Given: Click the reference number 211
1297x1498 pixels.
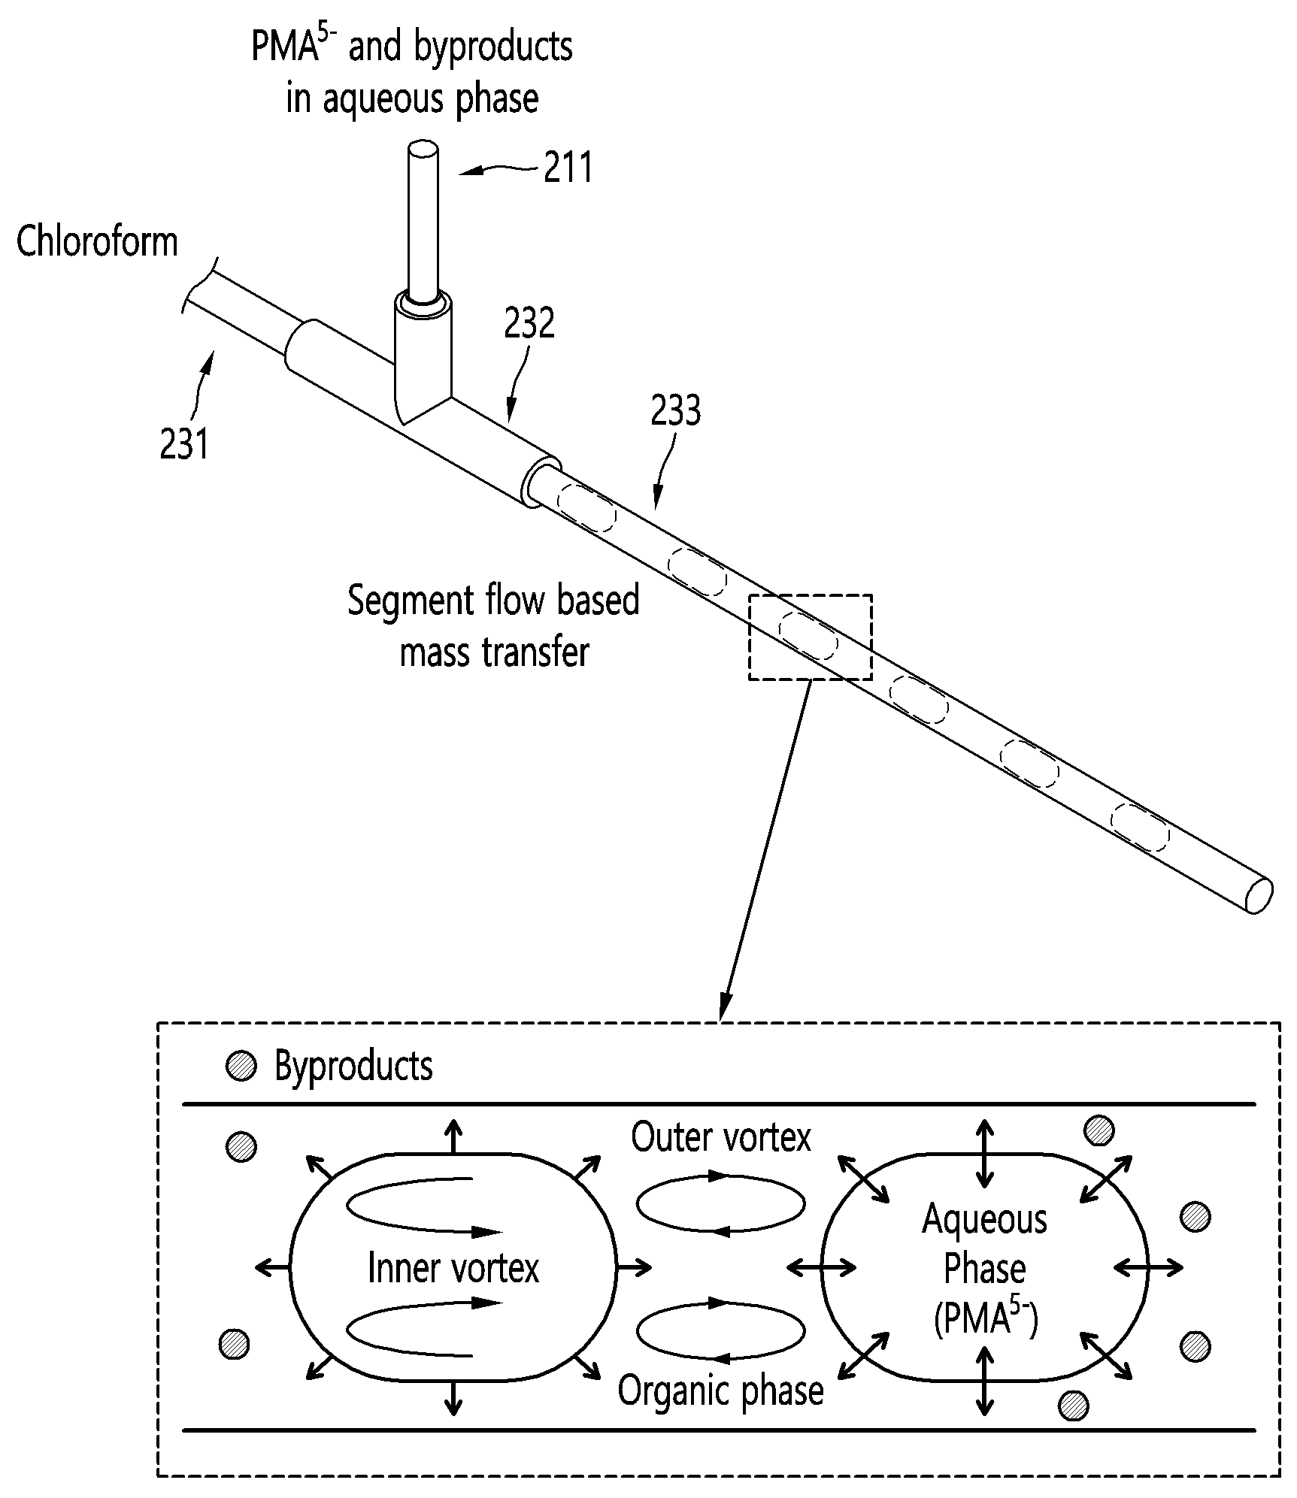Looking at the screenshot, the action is [x=568, y=167].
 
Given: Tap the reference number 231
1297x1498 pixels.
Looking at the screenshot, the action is [x=183, y=443].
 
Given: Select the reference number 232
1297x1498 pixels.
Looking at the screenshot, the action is [x=529, y=322].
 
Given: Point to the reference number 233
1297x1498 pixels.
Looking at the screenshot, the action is [x=675, y=410].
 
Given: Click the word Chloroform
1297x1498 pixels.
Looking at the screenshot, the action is [x=97, y=242].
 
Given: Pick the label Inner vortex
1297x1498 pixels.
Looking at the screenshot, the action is [x=453, y=1267].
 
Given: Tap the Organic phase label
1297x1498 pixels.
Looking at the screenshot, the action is [x=720, y=1390].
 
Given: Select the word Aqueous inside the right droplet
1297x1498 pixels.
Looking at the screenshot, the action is [x=984, y=1219].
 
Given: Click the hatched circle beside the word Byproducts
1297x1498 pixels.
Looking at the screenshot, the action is [x=241, y=1066].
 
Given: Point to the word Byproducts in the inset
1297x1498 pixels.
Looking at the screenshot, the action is [x=353, y=1066].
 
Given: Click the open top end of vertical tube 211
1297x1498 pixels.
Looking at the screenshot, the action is [x=423, y=149].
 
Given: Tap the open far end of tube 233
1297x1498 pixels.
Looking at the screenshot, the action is [x=1259, y=896].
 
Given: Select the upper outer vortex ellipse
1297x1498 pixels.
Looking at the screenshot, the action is [x=720, y=1203].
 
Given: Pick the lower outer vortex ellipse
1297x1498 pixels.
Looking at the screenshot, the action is [x=720, y=1330].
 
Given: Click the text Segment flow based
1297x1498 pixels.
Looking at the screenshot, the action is [x=493, y=601].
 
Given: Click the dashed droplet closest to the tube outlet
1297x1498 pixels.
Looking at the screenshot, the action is [x=1141, y=827].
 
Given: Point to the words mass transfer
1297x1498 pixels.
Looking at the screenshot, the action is [x=494, y=651].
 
